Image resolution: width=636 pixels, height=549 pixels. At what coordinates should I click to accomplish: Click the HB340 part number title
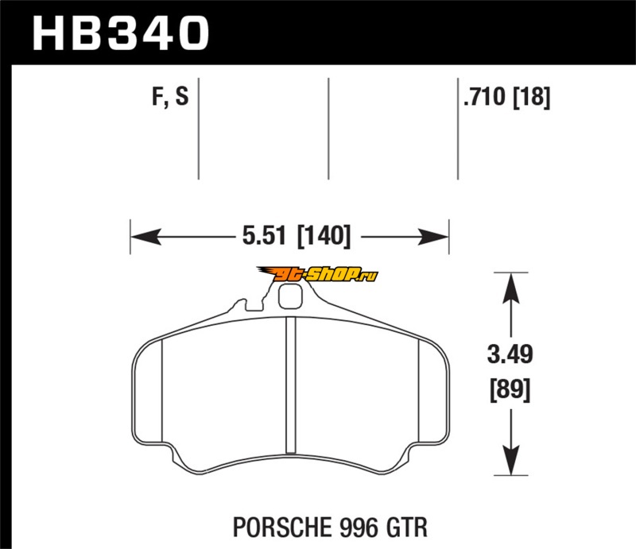[121, 33]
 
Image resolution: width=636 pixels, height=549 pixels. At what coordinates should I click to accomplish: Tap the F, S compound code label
[170, 97]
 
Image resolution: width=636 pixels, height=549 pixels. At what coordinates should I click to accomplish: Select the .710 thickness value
[485, 97]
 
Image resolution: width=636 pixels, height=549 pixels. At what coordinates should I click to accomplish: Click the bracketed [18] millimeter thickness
[532, 97]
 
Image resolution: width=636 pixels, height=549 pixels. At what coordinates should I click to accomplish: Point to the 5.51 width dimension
[265, 235]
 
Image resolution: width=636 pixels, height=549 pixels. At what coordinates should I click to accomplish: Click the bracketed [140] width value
[324, 236]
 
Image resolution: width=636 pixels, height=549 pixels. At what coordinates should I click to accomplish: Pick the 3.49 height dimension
[510, 354]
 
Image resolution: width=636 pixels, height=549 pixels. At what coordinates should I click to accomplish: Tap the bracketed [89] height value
[510, 390]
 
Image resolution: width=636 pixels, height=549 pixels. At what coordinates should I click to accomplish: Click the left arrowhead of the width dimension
[145, 237]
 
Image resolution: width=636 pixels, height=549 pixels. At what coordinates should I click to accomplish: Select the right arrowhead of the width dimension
[433, 237]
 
